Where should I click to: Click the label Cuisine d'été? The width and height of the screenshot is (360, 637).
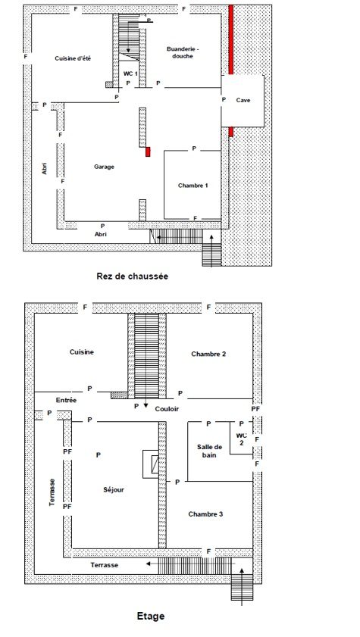click(73, 58)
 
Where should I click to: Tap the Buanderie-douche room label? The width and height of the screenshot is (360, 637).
click(183, 53)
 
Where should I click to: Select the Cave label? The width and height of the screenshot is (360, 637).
click(243, 100)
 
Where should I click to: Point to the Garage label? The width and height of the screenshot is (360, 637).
click(105, 167)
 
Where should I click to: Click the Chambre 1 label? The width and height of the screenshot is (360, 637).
click(193, 186)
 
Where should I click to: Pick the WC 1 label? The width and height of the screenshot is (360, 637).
click(130, 73)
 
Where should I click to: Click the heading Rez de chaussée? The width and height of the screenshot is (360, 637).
click(133, 276)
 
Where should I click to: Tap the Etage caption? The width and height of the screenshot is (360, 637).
click(151, 616)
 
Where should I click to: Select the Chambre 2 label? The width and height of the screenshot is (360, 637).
click(208, 354)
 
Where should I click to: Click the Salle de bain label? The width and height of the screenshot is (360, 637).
click(209, 451)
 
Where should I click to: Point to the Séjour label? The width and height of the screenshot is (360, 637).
click(114, 490)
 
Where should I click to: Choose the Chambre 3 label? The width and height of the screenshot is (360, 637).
click(205, 514)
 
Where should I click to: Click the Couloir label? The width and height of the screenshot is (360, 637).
click(167, 409)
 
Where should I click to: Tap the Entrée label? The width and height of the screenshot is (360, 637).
click(66, 400)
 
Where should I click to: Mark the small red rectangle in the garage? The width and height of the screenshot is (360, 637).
click(148, 151)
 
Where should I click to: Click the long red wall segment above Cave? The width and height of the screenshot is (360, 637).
click(231, 39)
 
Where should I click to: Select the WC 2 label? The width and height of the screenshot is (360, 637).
click(241, 439)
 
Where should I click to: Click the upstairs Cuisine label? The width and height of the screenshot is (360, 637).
click(82, 352)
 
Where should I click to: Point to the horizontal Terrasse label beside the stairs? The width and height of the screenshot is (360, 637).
click(105, 565)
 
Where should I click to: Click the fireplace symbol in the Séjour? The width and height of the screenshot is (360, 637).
click(151, 464)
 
